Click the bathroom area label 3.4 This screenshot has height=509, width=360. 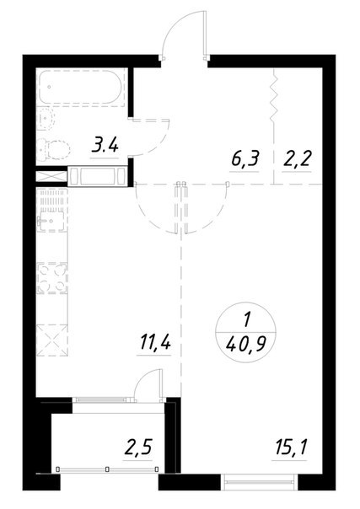pyautogui.click(x=105, y=147)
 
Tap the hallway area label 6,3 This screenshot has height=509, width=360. pyautogui.click(x=244, y=159)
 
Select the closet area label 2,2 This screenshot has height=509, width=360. pyautogui.click(x=297, y=159)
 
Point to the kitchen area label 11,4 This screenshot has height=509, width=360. pyautogui.click(x=155, y=342)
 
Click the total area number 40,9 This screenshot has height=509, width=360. pyautogui.click(x=245, y=346)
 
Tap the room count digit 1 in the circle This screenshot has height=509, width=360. pyautogui.click(x=246, y=320)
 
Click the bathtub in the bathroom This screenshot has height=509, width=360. pyautogui.click(x=81, y=87)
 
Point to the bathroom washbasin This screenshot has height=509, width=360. pyautogui.click(x=46, y=119)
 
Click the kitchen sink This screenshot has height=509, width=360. pyautogui.click(x=51, y=221)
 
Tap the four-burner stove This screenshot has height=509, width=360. pyautogui.click(x=52, y=277)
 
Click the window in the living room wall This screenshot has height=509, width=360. pyautogui.click(x=259, y=481)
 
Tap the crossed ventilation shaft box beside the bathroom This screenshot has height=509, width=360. pyautogui.click(x=51, y=177)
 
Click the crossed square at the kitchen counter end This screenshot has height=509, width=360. pyautogui.click(x=52, y=340)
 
